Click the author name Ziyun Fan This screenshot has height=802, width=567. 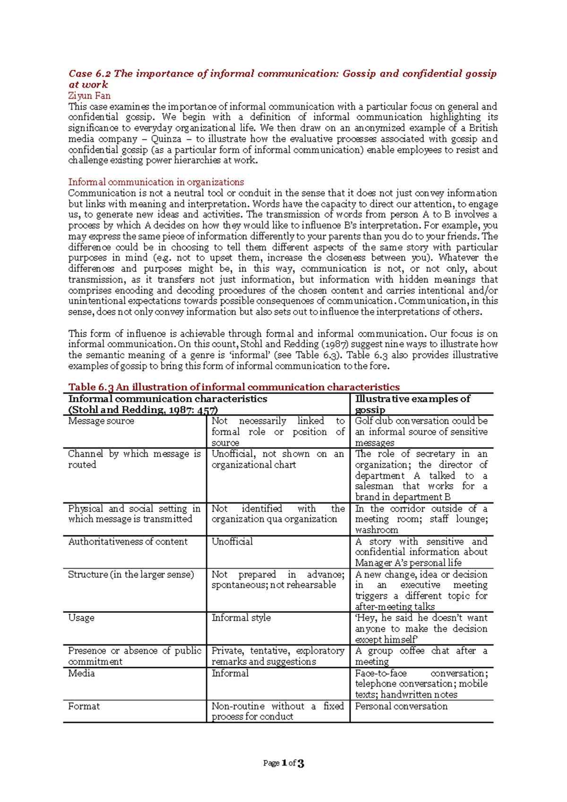click(x=89, y=95)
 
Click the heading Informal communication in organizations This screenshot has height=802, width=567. click(x=156, y=182)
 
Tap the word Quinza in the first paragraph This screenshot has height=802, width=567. click(x=166, y=139)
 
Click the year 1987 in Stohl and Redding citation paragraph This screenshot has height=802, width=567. click(x=335, y=344)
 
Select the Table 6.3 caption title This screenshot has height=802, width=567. click(x=234, y=387)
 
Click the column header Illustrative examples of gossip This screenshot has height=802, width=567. click(x=412, y=404)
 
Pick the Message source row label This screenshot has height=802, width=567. click(x=101, y=421)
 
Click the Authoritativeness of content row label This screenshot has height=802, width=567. click(x=128, y=542)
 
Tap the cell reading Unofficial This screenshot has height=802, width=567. click(x=232, y=542)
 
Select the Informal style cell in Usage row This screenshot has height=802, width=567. click(x=241, y=618)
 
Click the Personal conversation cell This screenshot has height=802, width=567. click(x=401, y=706)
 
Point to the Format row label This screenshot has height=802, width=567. click(x=84, y=706)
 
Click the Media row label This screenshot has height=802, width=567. click(x=81, y=673)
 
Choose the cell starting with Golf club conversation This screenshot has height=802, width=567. click(x=421, y=431)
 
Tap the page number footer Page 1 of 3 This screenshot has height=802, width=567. click(x=283, y=763)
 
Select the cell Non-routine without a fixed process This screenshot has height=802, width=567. click(x=277, y=711)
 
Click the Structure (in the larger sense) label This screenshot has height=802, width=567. click(x=131, y=575)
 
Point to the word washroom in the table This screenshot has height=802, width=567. click(x=377, y=530)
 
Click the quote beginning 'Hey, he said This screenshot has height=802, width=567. click(x=421, y=628)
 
